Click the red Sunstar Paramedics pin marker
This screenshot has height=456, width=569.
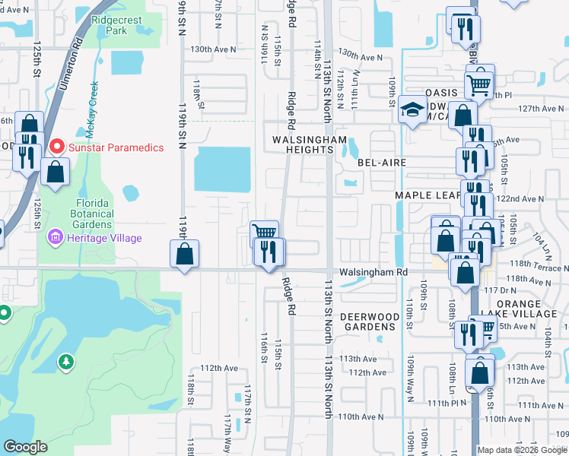pyautogui.click(x=56, y=146)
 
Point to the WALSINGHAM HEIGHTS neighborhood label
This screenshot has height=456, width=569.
pyautogui.click(x=310, y=145)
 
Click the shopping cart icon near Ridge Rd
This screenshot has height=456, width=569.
pyautogui.click(x=264, y=233)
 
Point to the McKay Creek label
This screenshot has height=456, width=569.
pyautogui.click(x=91, y=110)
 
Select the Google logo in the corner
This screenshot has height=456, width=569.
pyautogui.click(x=25, y=446)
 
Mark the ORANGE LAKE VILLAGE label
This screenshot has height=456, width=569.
pyautogui.click(x=524, y=309)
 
